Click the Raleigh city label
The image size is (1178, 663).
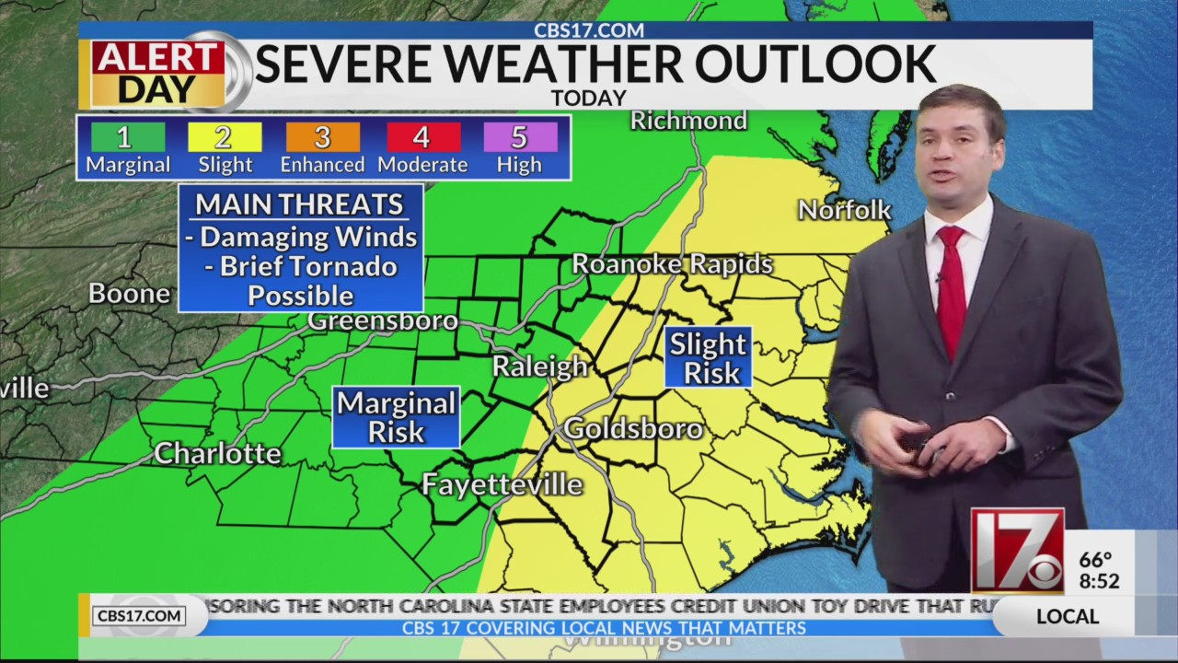(539, 366)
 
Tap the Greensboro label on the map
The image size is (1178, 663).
(382, 320)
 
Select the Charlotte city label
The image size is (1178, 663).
(217, 453)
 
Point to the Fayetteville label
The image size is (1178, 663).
(502, 484)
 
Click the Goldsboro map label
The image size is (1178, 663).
(633, 428)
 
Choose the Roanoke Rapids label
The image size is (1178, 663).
(672, 264)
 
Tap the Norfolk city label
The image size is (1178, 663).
(844, 210)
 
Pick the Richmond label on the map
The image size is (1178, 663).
(688, 121)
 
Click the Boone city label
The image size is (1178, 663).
(130, 294)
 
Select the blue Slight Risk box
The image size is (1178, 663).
(708, 357)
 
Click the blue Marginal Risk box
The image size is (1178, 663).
(396, 417)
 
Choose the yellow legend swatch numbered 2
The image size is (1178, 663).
(225, 137)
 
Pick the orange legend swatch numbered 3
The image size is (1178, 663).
(322, 137)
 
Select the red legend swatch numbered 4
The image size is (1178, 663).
(422, 137)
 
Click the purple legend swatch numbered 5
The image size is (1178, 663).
(520, 137)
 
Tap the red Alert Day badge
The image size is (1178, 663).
(158, 73)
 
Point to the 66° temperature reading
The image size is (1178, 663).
(1095, 560)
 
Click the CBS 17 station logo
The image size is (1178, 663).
(1017, 551)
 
